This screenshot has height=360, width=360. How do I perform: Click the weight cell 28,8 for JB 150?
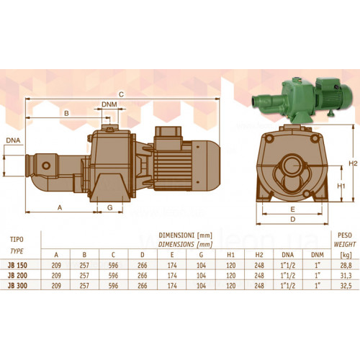click(x=346, y=265)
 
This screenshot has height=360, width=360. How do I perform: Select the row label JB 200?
click(x=17, y=275)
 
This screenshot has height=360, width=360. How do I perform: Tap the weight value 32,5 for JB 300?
click(x=346, y=286)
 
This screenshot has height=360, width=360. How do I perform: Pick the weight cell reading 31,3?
click(x=346, y=275)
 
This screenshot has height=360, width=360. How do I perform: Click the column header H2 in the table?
click(x=259, y=255)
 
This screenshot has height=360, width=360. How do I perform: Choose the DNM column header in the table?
click(x=318, y=255)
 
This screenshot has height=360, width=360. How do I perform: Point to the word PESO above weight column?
click(x=345, y=235)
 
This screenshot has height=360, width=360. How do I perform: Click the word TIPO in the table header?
click(x=17, y=239)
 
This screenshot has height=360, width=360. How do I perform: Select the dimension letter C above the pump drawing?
click(x=121, y=94)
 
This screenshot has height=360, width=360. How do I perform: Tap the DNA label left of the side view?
click(x=13, y=140)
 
